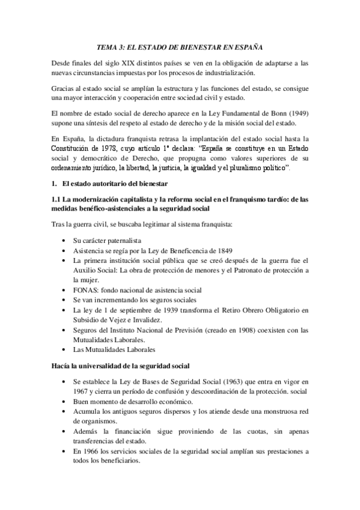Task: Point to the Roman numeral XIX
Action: coord(123,63)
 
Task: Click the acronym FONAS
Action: coord(84,289)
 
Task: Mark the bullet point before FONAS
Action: coord(64,289)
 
